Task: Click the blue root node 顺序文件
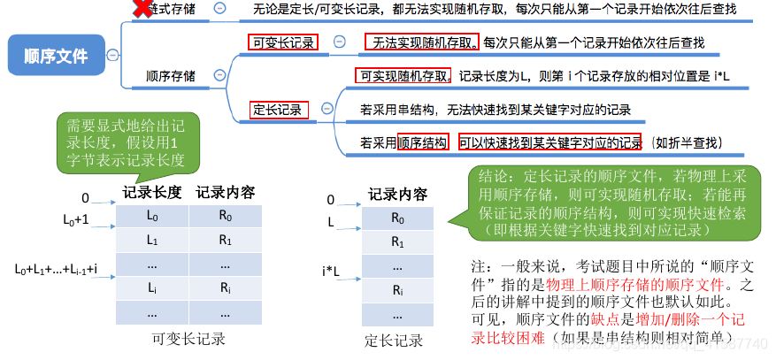pos(56,56)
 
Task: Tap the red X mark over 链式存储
pos(141,10)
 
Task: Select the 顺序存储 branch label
pos(171,76)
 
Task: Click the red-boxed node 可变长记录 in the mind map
pos(283,42)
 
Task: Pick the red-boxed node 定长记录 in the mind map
pos(279,111)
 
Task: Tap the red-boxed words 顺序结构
pos(422,142)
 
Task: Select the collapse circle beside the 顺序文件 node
pos(111,56)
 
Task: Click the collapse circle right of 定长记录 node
pos(327,110)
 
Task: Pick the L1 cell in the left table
pos(152,240)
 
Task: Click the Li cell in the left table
pos(152,287)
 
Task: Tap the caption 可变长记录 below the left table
pos(188,339)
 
